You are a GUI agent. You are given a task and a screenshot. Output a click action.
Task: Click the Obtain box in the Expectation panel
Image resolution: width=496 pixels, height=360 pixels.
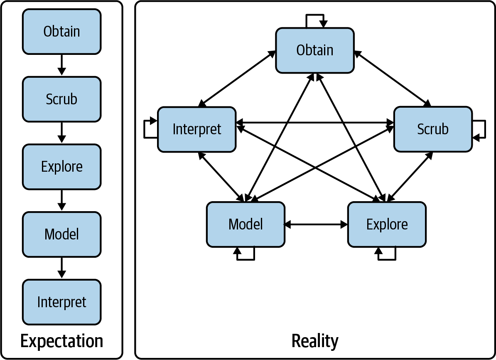61,32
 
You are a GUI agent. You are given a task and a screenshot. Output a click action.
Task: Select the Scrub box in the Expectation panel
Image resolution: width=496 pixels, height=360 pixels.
61,99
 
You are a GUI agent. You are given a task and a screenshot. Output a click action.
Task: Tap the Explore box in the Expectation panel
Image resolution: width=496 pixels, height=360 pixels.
61,167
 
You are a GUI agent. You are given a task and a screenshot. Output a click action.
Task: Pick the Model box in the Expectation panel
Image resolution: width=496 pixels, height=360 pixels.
61,234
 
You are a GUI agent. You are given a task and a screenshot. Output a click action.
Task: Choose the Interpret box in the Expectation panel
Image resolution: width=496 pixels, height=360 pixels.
61,302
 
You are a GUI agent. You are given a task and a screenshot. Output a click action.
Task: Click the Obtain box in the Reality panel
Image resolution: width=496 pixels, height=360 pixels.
314,50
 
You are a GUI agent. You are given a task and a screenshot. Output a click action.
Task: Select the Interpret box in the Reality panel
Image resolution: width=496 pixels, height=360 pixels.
196,129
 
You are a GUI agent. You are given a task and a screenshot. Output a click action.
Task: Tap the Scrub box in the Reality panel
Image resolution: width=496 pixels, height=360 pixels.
432,129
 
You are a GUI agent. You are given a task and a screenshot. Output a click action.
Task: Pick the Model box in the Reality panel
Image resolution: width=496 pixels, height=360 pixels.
246,224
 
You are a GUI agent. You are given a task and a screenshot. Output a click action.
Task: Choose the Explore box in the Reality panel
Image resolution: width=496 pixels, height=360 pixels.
387,224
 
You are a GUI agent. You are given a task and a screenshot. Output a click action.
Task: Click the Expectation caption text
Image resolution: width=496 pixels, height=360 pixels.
61,341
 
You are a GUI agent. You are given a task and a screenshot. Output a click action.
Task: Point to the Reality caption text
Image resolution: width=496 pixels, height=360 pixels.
314,341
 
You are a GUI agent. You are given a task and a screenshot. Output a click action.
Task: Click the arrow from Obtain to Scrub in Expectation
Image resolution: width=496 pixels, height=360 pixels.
61,65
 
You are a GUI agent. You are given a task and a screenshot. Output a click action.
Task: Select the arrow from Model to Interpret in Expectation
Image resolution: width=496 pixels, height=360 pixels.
61,268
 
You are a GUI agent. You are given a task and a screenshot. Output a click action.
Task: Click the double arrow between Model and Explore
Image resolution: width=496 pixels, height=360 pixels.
316,224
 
